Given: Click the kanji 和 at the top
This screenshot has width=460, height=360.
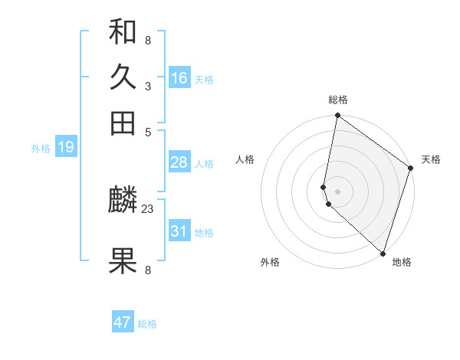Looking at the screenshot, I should (123, 33).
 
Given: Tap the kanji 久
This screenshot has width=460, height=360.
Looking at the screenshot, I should (123, 77).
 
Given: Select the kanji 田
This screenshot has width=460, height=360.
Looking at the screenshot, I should (123, 123).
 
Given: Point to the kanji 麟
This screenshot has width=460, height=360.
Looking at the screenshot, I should (123, 201).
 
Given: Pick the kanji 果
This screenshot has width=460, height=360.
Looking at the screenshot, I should (123, 261).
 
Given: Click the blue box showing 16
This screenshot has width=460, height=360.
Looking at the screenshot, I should (179, 78).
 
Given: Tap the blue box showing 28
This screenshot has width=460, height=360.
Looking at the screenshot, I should (179, 162).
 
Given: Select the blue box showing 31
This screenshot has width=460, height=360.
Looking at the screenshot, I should (179, 231).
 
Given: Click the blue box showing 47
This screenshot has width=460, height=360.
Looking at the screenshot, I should (123, 322).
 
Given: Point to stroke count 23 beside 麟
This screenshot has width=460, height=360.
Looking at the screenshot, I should (147, 208).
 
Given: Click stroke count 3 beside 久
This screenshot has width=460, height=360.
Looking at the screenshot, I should (147, 86).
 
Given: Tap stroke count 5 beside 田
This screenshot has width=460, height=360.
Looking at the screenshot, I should (147, 131).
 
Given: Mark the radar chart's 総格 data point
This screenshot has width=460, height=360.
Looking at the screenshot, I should (337, 116).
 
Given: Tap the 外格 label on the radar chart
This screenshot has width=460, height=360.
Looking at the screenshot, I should (270, 263).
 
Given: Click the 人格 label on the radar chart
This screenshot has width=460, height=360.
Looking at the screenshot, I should (245, 159).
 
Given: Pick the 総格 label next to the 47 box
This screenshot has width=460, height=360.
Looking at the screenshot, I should (147, 324).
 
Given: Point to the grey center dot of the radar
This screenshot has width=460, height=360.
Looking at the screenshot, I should (337, 191).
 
